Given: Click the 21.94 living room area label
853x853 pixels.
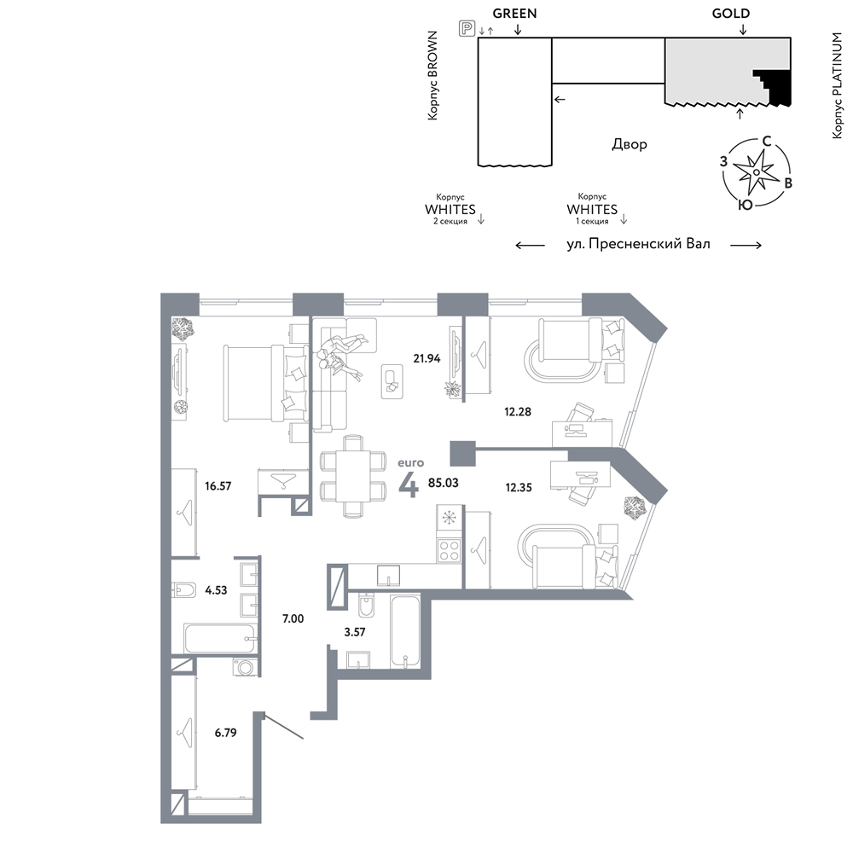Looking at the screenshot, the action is coord(426,358).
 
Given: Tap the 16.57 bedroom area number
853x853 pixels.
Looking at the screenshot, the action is coord(218,486).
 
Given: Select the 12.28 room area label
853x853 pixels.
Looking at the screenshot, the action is coord(518,412).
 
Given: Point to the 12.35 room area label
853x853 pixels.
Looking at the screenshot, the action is coord(519,487).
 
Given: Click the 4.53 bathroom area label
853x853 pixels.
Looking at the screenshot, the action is coord(216,590).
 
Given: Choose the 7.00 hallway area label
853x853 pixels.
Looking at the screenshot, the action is coord(293,618).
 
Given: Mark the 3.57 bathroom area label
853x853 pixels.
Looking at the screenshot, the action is coord(355,632).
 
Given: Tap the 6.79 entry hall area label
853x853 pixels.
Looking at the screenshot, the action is coord(225,733).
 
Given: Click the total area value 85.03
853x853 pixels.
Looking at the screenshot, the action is coord(444,483).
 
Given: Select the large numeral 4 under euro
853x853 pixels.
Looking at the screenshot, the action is coord(409,485).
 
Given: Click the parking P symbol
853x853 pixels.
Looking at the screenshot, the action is coord(467,28).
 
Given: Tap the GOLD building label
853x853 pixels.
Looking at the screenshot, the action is coord(731,14).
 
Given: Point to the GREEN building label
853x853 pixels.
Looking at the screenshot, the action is coord(514,14).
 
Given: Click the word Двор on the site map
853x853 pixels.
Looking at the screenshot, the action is coord(630,144).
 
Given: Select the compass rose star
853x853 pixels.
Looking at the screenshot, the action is coord(756,172).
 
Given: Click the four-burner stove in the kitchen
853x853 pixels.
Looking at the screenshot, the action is coord(450,549).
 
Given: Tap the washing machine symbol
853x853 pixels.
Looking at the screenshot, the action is coord(246,668).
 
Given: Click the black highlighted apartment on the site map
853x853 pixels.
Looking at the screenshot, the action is coord(775,87).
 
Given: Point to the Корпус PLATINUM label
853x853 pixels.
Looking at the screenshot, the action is coord(838,85).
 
